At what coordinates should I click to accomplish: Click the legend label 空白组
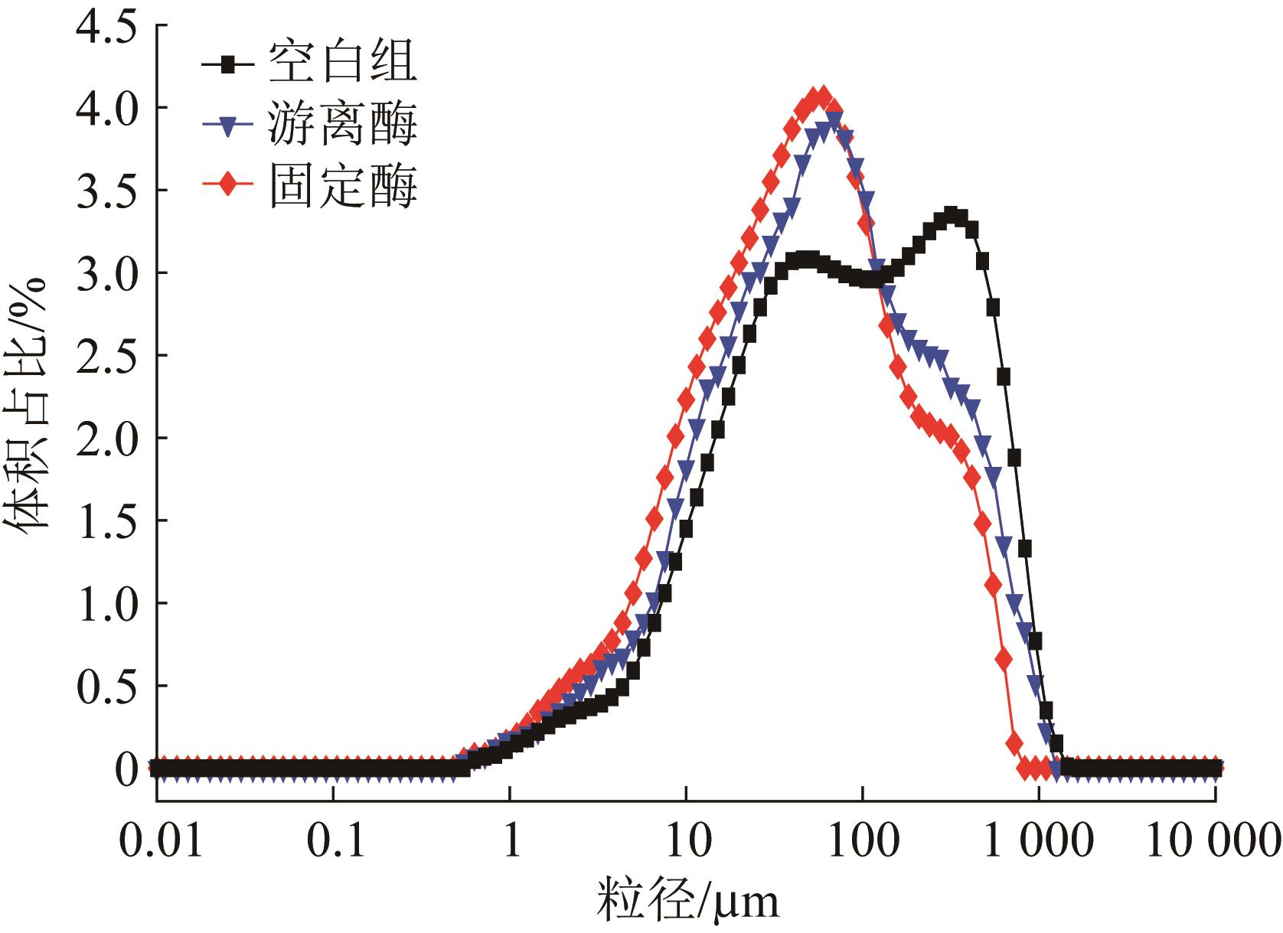[342, 62]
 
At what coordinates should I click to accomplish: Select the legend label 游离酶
[342, 125]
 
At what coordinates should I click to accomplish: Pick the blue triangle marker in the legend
[227, 126]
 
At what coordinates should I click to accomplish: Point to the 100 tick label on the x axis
[863, 842]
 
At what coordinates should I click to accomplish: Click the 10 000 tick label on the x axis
[1214, 842]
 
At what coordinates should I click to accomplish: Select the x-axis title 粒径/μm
[688, 901]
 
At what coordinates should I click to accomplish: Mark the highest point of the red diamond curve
[821, 97]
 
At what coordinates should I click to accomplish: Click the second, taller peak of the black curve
[952, 214]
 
